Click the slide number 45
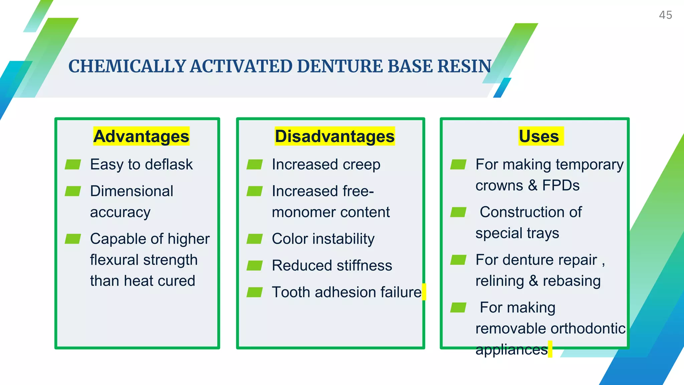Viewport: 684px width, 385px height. tap(665, 15)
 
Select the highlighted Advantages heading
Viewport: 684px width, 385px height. tap(141, 136)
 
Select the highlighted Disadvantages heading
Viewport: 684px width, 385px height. tap(335, 136)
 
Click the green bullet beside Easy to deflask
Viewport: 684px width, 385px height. tap(73, 164)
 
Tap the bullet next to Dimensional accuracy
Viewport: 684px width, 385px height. tap(73, 191)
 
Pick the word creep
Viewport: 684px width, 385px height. tap(361, 165)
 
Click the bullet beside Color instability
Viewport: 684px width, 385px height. tap(254, 239)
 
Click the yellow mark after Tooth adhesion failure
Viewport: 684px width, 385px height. tap(424, 292)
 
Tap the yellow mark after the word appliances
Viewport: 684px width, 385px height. tap(550, 349)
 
